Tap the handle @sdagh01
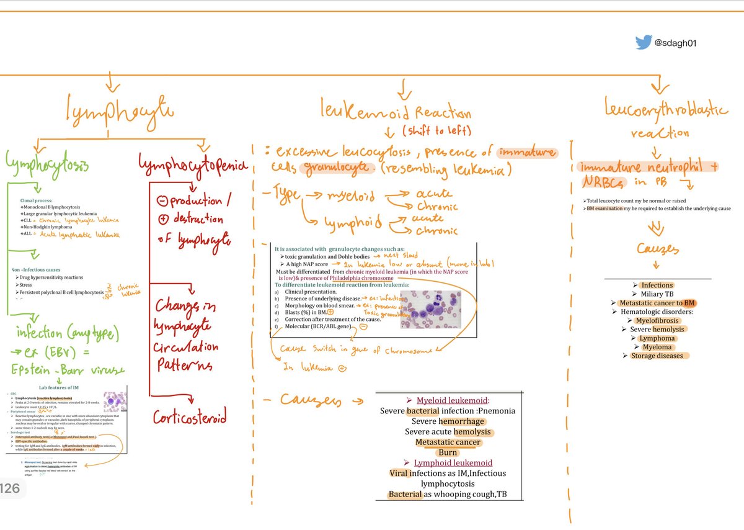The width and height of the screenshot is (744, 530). pos(677,43)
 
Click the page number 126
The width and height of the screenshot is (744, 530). pos(11,489)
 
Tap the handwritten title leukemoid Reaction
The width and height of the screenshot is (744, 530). pos(396,113)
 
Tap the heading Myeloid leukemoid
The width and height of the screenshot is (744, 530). pos(453,400)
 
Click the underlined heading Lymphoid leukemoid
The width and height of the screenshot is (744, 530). pos(453,463)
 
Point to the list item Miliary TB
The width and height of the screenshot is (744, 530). pos(657,294)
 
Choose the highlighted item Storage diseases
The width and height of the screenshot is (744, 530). pos(657,356)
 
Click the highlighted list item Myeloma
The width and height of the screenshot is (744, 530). pos(657,347)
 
